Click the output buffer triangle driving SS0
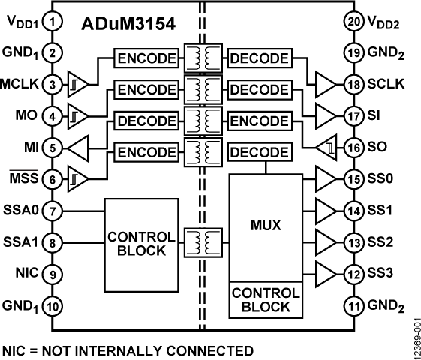[326, 179]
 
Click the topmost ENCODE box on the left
[146, 58]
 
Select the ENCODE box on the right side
[258, 121]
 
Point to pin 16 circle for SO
[355, 148]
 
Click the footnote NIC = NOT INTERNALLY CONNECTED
[128, 350]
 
